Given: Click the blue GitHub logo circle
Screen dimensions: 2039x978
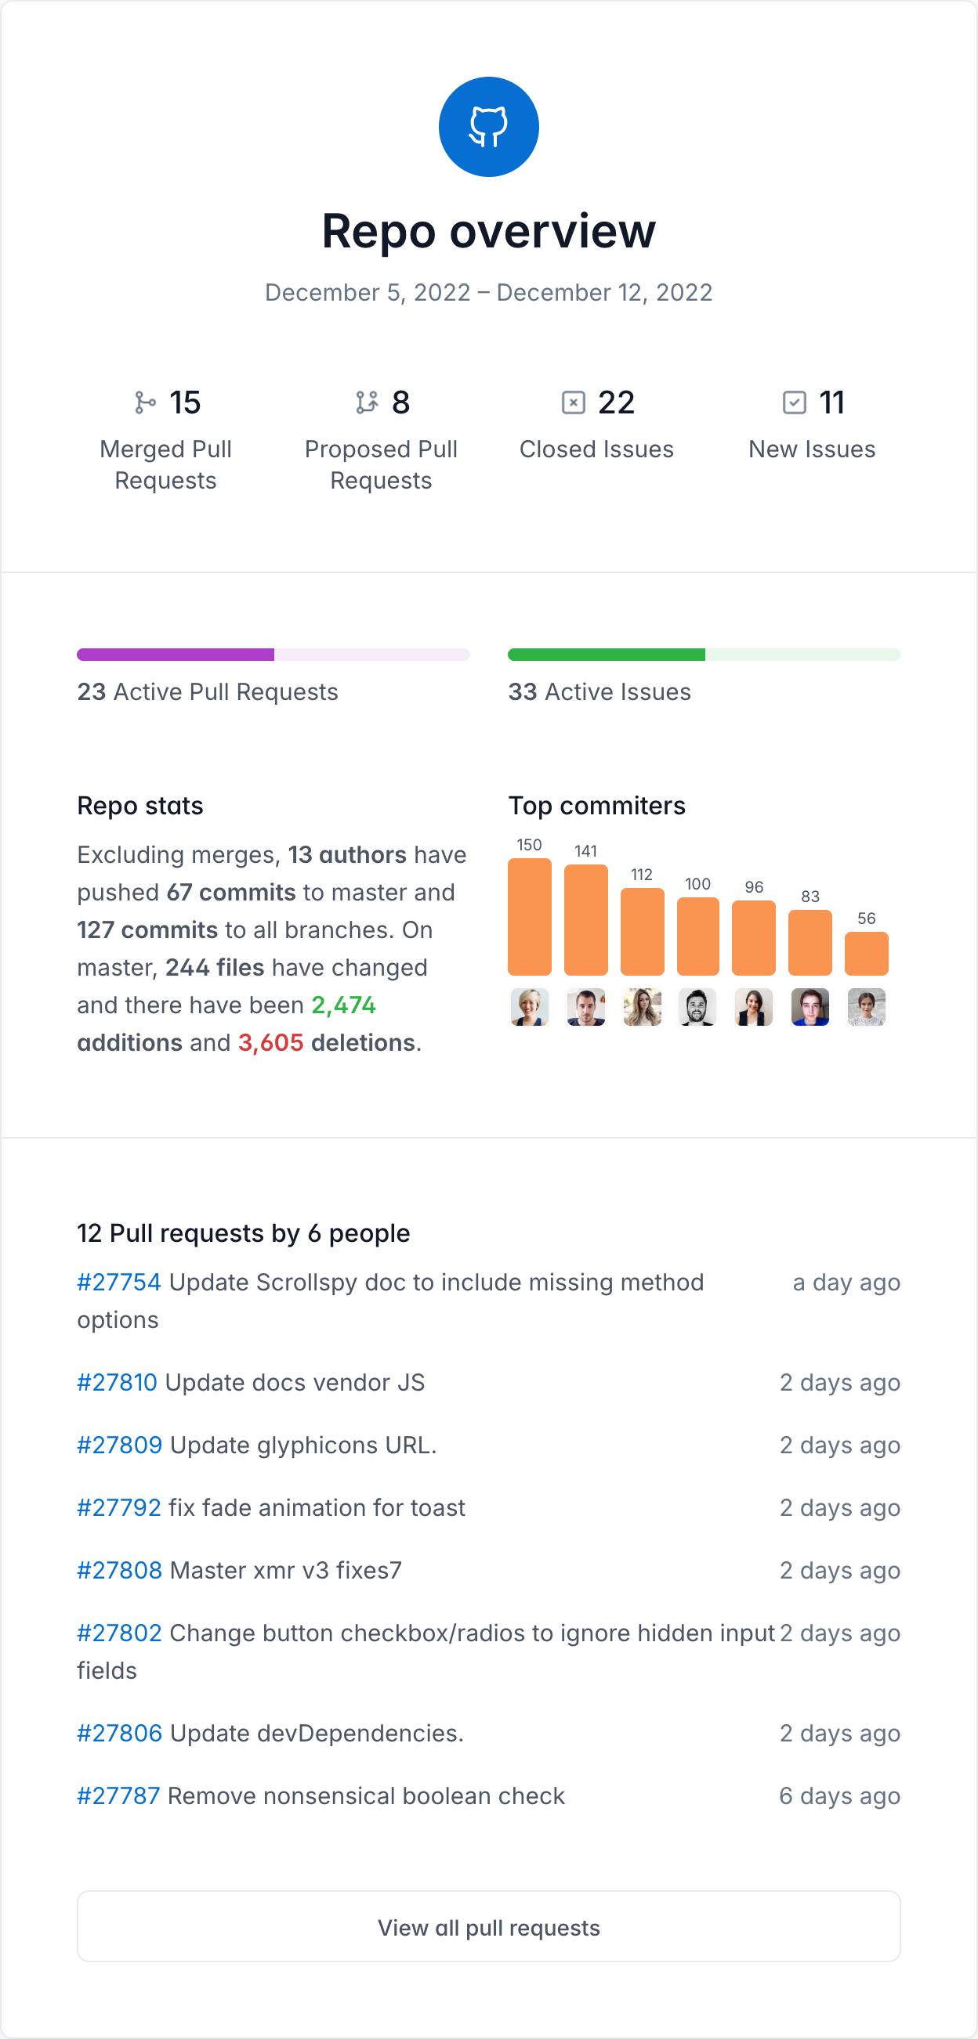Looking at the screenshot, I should [488, 127].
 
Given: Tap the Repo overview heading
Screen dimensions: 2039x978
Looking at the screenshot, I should [488, 231].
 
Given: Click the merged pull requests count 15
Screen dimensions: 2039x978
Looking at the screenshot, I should [185, 403].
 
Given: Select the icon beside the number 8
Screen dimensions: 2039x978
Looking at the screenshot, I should [367, 403].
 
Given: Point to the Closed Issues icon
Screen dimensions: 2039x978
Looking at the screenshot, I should [573, 403].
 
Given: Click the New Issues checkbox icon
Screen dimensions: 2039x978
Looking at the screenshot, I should [794, 403].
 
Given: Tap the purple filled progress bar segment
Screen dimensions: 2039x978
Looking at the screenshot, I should [175, 655].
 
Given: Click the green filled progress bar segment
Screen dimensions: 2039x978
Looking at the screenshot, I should [606, 655].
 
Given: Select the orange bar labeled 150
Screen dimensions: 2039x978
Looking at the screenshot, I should [529, 917].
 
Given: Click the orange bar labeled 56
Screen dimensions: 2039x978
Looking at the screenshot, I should [867, 953].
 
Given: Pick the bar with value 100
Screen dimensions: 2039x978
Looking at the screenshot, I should [697, 936].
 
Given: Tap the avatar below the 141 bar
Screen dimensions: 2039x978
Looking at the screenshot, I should [586, 1007].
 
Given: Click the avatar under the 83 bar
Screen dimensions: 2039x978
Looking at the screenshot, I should [810, 1007].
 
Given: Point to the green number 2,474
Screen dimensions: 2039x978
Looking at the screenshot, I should [344, 1005].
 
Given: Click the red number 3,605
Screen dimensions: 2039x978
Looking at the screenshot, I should [271, 1043].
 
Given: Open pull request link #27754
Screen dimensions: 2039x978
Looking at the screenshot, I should [119, 1283].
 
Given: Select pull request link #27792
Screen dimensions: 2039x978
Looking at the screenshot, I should [119, 1508].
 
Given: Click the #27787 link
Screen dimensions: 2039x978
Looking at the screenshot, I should [119, 1796].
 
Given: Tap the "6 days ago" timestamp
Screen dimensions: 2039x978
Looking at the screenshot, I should [839, 1796].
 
